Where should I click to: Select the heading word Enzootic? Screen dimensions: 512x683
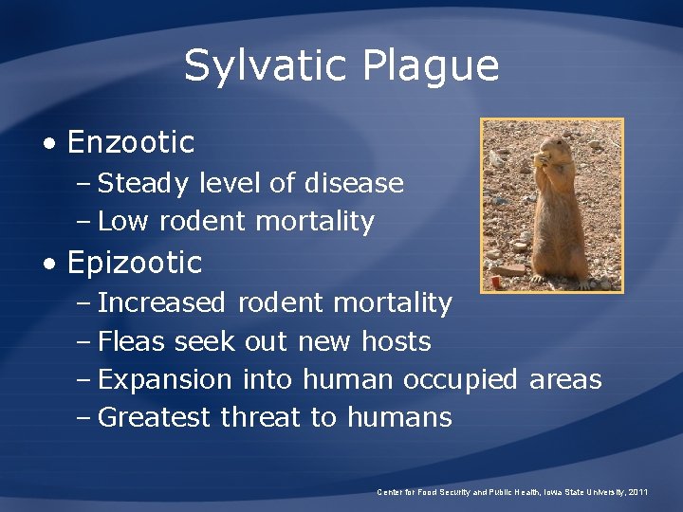131,142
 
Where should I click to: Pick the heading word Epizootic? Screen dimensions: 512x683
135,262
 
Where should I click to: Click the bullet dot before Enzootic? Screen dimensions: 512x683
49,144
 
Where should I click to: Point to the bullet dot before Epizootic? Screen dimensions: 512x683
49,264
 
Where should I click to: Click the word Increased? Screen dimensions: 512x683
162,302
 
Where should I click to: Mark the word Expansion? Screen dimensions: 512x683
165,379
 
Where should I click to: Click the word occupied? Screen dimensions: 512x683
461,379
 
